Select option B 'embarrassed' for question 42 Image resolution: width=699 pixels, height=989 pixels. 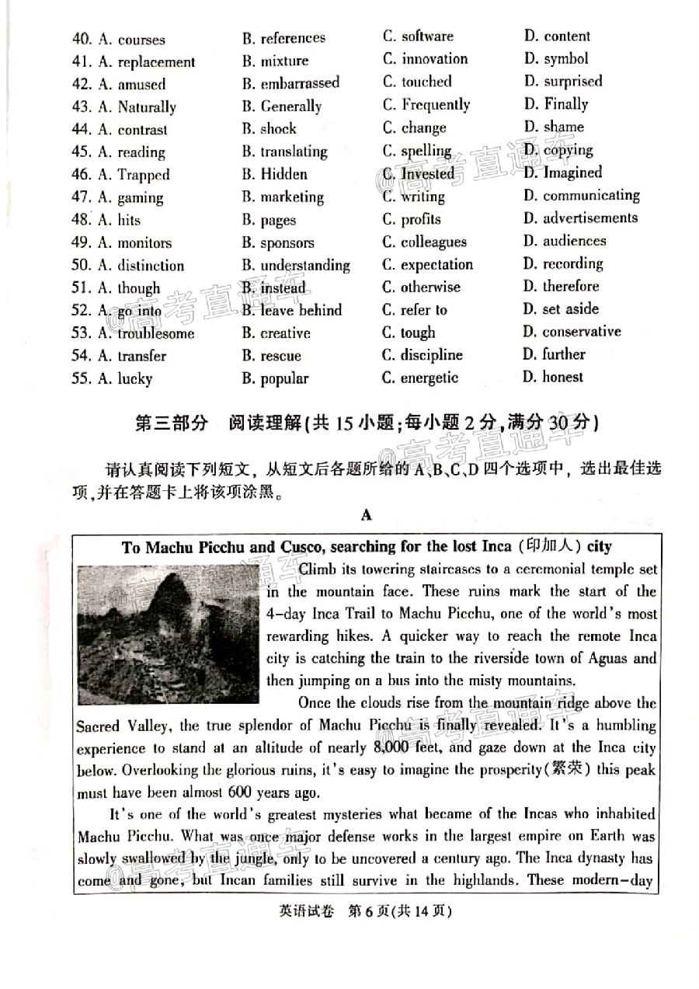pos(290,83)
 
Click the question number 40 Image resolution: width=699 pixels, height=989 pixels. pos(81,39)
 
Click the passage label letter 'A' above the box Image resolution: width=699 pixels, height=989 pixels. pos(367,514)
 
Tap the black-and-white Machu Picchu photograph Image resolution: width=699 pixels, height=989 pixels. pos(169,634)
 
